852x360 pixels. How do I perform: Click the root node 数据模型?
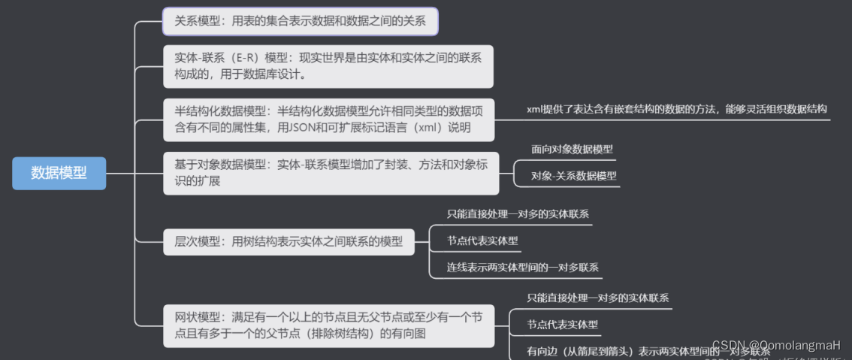(x=59, y=173)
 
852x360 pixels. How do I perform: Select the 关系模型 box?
(x=300, y=21)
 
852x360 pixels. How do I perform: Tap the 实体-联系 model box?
(x=328, y=65)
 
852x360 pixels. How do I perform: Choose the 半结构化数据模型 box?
(x=328, y=119)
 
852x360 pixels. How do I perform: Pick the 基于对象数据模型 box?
(x=331, y=173)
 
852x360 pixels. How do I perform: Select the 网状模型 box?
(x=328, y=325)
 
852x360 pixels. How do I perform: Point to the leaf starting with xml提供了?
(x=676, y=109)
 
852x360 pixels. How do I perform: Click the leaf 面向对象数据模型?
(x=572, y=149)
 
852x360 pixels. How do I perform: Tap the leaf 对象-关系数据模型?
(x=573, y=176)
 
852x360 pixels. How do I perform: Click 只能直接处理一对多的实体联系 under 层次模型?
(x=517, y=213)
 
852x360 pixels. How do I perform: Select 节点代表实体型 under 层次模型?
(x=482, y=241)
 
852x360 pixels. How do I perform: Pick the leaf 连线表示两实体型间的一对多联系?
(x=523, y=267)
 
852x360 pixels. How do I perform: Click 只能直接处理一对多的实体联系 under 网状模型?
(x=597, y=298)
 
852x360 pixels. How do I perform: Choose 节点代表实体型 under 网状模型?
(x=563, y=325)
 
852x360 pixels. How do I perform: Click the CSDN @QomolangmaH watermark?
(x=775, y=345)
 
